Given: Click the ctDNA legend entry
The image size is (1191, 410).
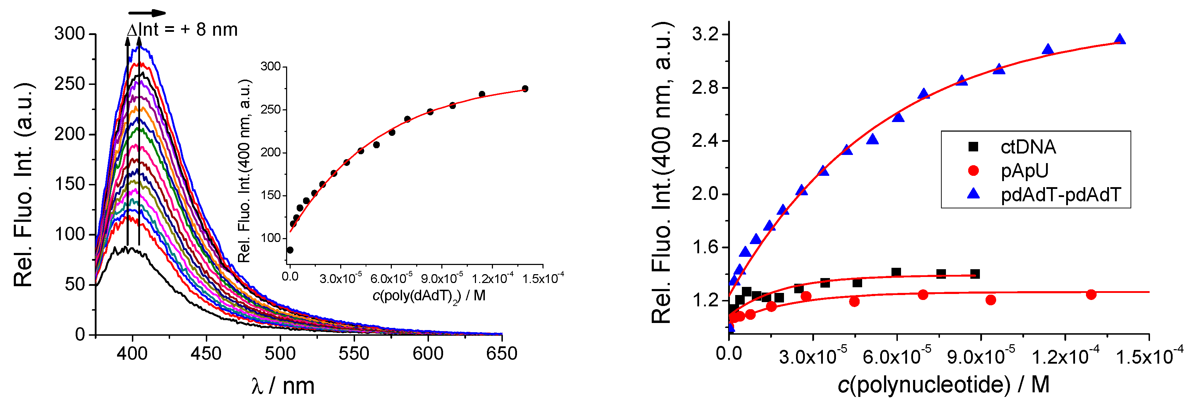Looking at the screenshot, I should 1028,147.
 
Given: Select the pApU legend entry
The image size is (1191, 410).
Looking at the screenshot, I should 1024,171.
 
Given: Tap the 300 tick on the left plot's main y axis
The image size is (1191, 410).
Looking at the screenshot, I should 70,34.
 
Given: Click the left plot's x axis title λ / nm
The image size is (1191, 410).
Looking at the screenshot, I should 283,386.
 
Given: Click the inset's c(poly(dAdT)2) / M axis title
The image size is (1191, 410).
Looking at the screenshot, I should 429,296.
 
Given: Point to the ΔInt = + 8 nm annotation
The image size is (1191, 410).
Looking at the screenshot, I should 182,30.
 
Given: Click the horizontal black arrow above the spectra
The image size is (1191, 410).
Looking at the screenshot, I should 147,13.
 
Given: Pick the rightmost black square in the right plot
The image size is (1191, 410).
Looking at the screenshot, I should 975,274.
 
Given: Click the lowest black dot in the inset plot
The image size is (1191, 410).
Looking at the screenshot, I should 290,250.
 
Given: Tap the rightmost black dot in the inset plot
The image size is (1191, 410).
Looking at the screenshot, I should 525,88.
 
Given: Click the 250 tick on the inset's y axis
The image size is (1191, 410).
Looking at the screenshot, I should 271,110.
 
